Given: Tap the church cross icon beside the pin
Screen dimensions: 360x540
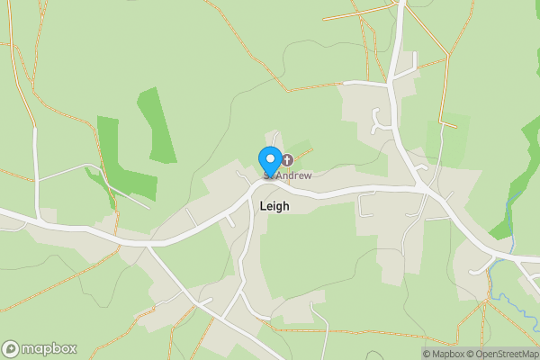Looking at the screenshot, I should [x=287, y=159].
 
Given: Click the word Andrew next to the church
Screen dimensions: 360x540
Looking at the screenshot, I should [x=293, y=175].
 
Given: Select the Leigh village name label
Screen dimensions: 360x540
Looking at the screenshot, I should [x=274, y=205].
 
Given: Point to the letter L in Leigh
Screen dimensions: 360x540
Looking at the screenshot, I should [x=262, y=205].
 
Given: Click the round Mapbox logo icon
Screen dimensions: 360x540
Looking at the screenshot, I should [x=12, y=348].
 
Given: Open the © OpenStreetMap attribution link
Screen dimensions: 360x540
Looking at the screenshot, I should [x=501, y=354].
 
